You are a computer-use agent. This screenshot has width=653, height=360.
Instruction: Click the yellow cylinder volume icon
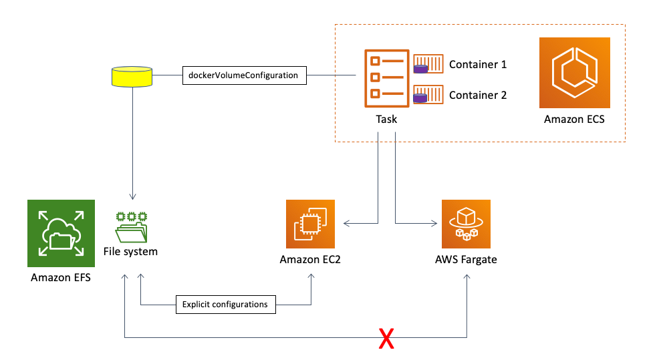point(132,77)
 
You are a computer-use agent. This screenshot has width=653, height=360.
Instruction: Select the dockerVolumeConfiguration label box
point(245,75)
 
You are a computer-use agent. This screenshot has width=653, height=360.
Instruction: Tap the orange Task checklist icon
point(386,78)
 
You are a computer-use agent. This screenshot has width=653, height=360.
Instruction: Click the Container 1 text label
point(478,65)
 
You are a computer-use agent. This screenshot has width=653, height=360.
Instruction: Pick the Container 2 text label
point(478,96)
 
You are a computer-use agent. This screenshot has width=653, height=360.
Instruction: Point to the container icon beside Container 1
point(428,63)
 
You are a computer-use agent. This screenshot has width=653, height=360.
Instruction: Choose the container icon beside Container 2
point(428,94)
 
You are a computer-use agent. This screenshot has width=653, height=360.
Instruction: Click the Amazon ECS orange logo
point(575,73)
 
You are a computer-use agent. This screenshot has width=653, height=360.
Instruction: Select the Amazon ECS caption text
point(574,120)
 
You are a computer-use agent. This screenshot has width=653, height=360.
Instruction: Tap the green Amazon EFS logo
point(61,233)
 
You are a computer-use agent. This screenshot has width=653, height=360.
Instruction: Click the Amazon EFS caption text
point(61,278)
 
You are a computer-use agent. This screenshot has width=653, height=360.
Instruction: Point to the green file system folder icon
point(132,227)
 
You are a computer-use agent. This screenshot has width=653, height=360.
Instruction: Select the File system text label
point(130,252)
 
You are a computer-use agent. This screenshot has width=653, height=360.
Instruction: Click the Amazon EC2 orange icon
point(310,224)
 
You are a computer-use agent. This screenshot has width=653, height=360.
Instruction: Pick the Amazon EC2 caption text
point(310,260)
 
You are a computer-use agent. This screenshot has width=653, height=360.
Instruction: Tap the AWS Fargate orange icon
point(466,224)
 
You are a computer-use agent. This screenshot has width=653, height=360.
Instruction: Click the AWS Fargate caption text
point(466,260)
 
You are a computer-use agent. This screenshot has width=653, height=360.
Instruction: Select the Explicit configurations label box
point(226,305)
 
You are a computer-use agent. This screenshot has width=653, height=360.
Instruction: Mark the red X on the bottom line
point(386,339)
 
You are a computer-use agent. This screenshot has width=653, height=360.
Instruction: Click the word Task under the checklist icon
point(386,120)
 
